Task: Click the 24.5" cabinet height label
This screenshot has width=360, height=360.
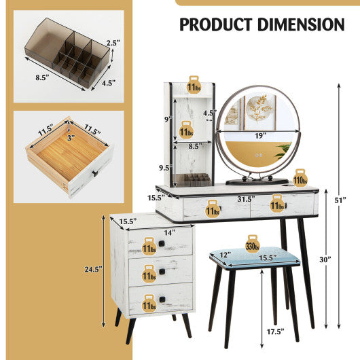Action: [x=94, y=269]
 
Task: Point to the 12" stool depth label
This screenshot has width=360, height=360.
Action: [x=226, y=255]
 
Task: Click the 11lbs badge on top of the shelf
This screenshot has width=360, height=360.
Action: [x=194, y=86]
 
